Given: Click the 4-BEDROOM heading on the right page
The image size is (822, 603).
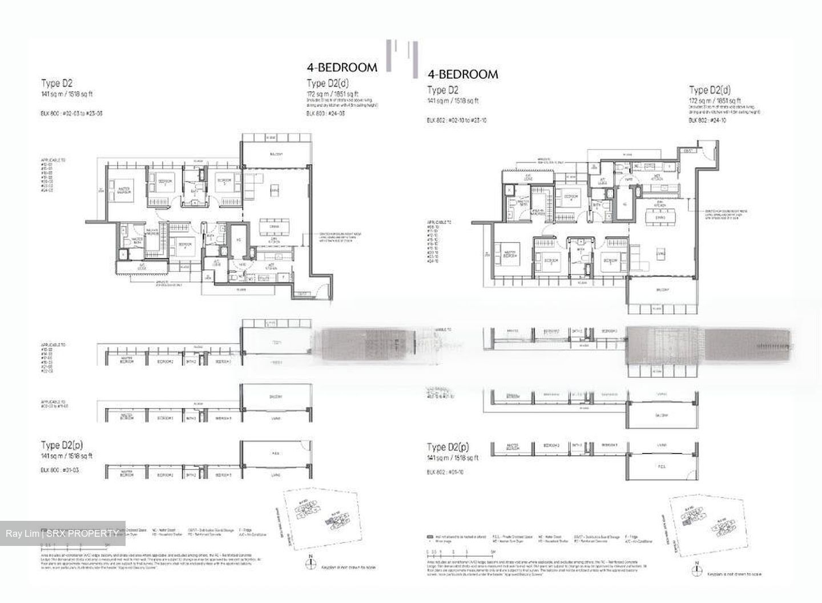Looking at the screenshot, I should click(462, 74).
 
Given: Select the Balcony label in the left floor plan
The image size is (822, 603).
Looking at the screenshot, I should click(275, 155).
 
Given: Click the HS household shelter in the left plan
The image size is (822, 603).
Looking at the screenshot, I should click(239, 239).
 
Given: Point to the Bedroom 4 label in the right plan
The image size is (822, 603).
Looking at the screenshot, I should click(570, 197).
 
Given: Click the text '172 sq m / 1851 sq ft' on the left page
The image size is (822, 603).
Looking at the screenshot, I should click(332, 94).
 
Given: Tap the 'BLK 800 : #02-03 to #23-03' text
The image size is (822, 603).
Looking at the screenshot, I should click(72, 114).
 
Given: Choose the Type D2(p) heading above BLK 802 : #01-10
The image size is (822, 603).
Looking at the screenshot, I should click(448, 447).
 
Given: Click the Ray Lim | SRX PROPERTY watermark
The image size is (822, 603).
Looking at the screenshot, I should click(62, 533).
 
